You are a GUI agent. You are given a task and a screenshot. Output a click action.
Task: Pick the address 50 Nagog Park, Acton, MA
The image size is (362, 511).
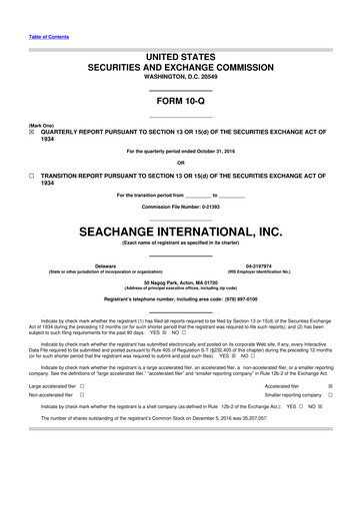181,282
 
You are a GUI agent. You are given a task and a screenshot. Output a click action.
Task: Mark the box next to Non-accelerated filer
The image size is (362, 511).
82,395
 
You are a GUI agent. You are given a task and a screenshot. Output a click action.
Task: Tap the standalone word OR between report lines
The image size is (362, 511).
181,163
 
